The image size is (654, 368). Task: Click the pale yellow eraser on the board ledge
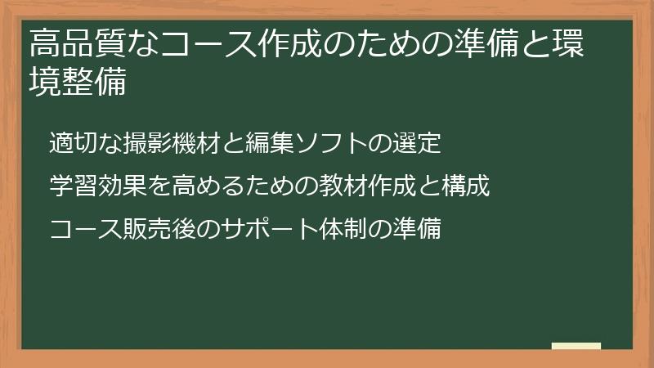coord(576,346)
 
